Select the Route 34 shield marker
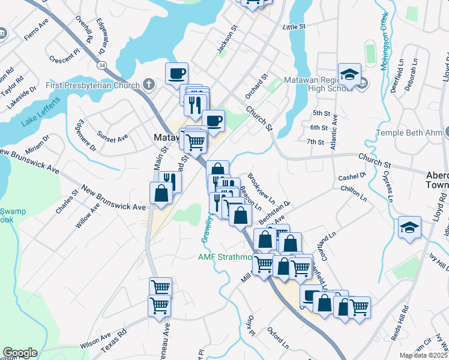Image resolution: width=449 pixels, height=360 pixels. (103, 64)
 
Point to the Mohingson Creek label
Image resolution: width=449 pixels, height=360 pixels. (385, 41)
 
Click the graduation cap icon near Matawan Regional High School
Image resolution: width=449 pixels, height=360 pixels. (349, 75)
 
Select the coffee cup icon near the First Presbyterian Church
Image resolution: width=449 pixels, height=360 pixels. (176, 74)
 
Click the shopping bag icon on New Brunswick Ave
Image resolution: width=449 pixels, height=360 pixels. (161, 194)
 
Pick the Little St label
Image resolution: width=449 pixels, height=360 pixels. (294, 27)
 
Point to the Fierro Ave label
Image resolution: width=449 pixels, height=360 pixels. (36, 31)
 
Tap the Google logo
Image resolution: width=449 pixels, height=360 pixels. (20, 352)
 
